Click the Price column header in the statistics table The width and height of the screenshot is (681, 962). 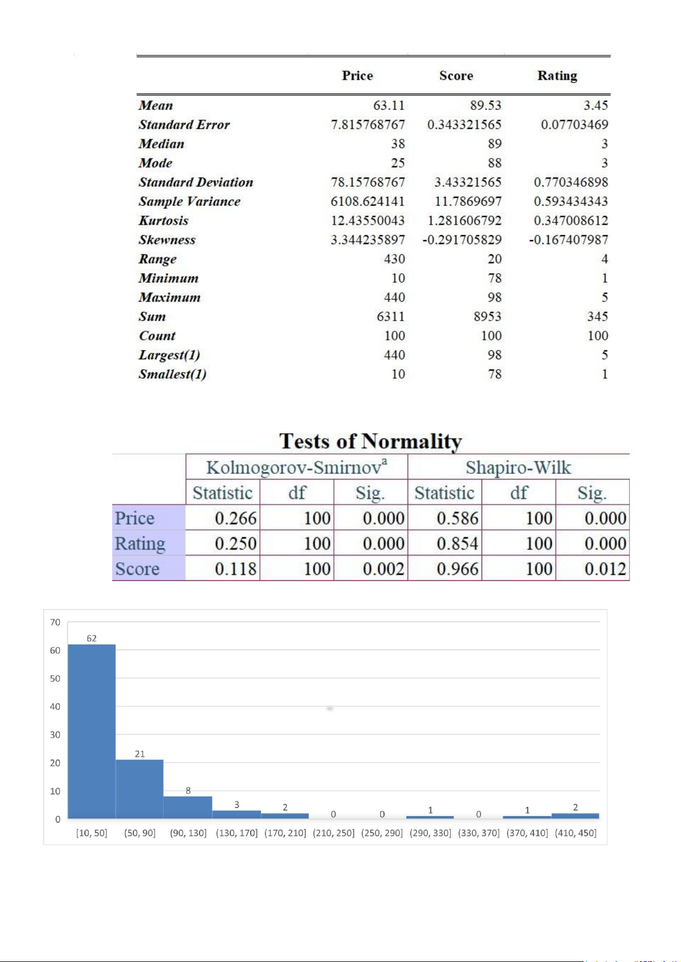[357, 76]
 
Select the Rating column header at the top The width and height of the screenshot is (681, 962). [557, 76]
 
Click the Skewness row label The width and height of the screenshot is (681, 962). [167, 240]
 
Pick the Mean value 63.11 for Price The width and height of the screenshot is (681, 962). [389, 105]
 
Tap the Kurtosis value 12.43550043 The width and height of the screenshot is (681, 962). [368, 221]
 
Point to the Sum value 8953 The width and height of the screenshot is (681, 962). [487, 316]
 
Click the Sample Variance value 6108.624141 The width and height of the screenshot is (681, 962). [368, 201]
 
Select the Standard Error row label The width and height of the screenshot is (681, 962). [184, 125]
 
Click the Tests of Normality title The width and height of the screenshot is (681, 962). [370, 441]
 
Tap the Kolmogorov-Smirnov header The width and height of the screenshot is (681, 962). [296, 468]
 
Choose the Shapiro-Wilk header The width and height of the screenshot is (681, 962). [518, 468]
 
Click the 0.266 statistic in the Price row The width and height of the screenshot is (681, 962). [235, 518]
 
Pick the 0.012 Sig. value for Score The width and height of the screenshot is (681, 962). [605, 569]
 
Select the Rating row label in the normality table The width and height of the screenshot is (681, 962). [140, 543]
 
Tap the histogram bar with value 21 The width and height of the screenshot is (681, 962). [140, 789]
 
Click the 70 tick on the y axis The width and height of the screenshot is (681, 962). [55, 622]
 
